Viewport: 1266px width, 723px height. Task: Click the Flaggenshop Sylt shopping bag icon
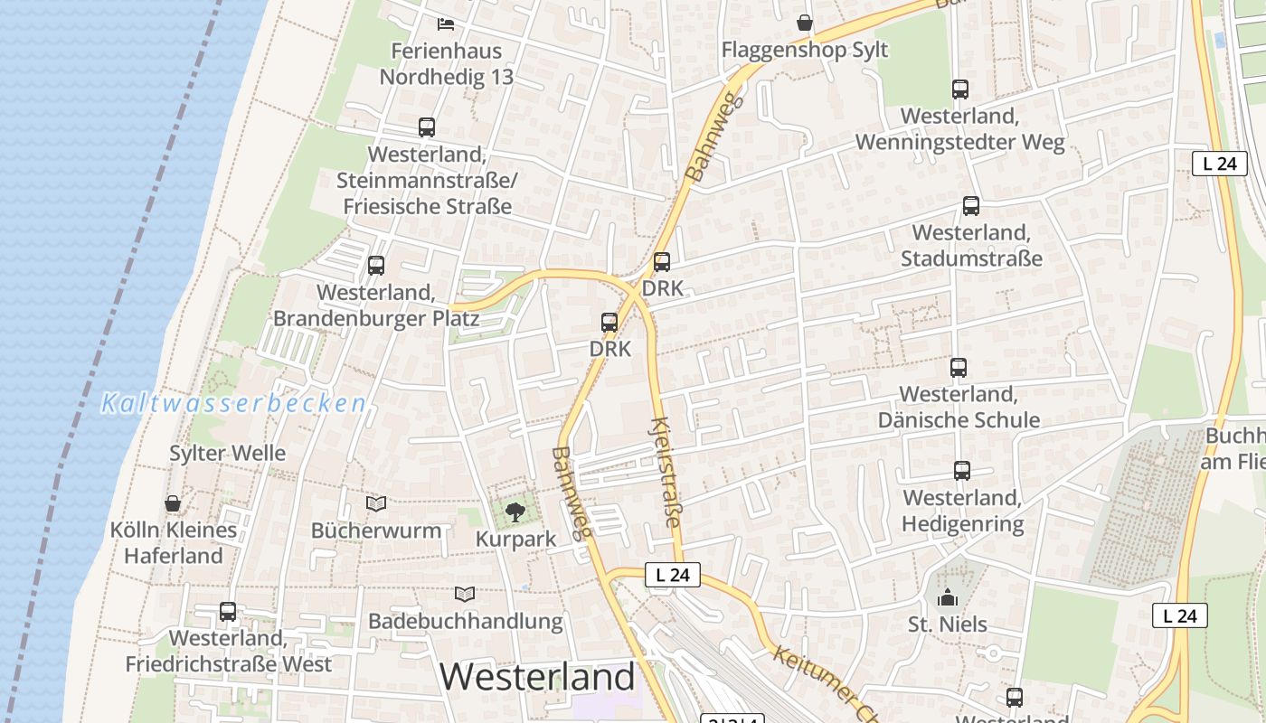[x=805, y=23]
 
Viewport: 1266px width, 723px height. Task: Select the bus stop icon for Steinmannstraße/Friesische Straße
[x=427, y=127]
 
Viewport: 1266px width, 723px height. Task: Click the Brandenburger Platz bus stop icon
[x=376, y=266]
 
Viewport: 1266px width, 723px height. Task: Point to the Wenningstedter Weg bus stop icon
[x=960, y=89]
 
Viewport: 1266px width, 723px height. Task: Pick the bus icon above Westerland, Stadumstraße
[x=971, y=206]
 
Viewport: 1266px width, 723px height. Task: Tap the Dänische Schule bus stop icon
[x=959, y=368]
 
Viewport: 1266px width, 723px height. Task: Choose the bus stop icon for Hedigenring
[x=962, y=471]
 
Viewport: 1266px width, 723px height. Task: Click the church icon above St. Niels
[x=948, y=597]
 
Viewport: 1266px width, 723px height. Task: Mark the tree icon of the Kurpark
[x=515, y=513]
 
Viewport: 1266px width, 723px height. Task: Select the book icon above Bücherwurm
[x=376, y=503]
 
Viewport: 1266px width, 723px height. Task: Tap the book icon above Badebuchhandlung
[x=465, y=595]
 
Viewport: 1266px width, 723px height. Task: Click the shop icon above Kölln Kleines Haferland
[x=173, y=503]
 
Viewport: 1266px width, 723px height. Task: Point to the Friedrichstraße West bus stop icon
[x=228, y=612]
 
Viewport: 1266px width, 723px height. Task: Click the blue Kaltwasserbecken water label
[x=233, y=404]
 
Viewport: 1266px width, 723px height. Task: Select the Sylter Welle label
[x=228, y=454]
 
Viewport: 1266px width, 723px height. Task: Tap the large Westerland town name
[x=538, y=677]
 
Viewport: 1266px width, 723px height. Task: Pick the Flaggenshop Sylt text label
[x=805, y=50]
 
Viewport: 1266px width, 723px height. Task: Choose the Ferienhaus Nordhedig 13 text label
[x=446, y=63]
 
